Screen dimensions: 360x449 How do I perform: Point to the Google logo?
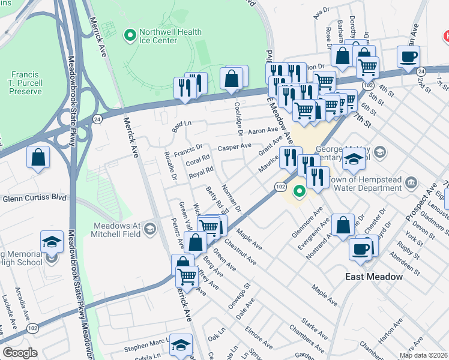20,352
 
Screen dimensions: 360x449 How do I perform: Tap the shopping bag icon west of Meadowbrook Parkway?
38,158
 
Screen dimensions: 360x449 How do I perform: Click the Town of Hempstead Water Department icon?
411,182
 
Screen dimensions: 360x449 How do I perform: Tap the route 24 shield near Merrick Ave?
98,119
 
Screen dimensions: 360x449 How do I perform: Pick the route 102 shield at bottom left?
32,328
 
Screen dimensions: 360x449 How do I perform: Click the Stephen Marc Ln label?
144,347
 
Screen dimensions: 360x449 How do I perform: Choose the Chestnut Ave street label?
240,253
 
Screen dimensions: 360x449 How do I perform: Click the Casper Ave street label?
234,146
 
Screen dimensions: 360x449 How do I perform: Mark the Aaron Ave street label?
264,130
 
